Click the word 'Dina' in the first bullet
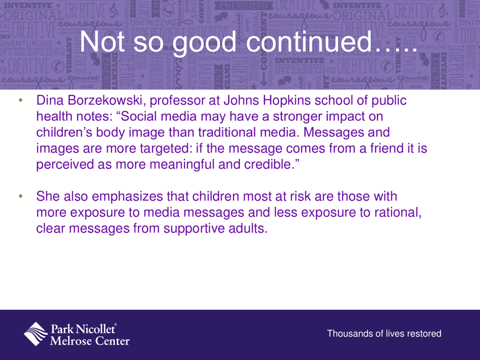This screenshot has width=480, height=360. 49,101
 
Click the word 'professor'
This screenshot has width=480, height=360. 178,101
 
